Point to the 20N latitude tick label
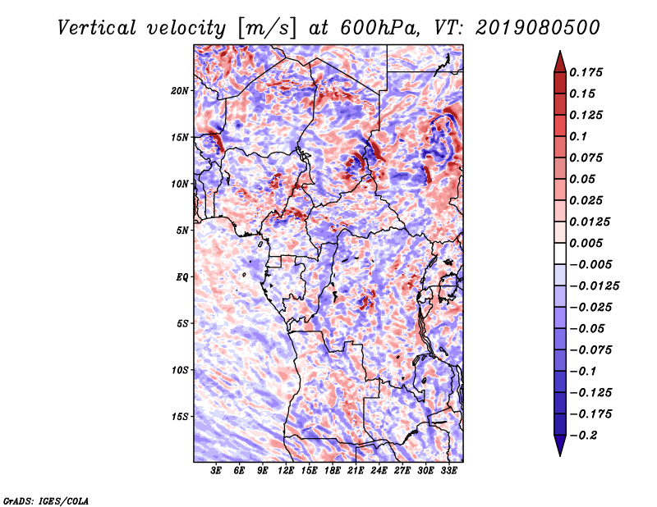coord(180,90)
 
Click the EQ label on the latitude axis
coord(182,277)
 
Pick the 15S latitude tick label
coord(180,417)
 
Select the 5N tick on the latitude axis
coord(182,231)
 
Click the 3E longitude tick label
coord(217,472)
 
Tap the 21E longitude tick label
coord(356,472)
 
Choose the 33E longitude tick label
coord(448,472)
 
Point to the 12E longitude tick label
coord(286,472)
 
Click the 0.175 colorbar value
coord(588,72)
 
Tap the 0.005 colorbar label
coord(588,243)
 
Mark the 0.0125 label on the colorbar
coord(591,222)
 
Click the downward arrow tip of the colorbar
coord(558,454)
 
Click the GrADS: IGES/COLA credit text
coord(45,500)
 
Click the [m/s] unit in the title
coord(264,27)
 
